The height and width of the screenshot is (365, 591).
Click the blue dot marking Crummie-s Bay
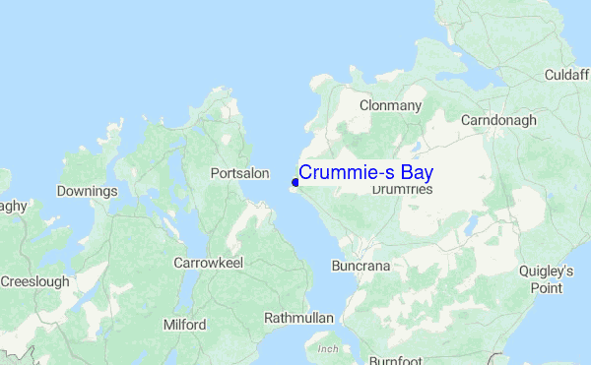click(295, 182)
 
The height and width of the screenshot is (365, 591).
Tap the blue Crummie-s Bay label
click(365, 172)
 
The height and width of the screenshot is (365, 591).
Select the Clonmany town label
click(391, 105)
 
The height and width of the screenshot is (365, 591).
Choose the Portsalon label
click(240, 173)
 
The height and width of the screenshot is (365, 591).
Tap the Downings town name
click(88, 191)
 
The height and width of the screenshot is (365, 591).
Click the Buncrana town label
click(361, 266)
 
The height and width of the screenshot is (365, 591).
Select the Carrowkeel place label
click(208, 263)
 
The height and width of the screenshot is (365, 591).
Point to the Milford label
click(184, 325)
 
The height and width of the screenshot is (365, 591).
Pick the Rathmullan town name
click(299, 318)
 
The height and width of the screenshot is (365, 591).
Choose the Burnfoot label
click(396, 361)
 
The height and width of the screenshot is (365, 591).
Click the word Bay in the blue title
click(416, 172)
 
